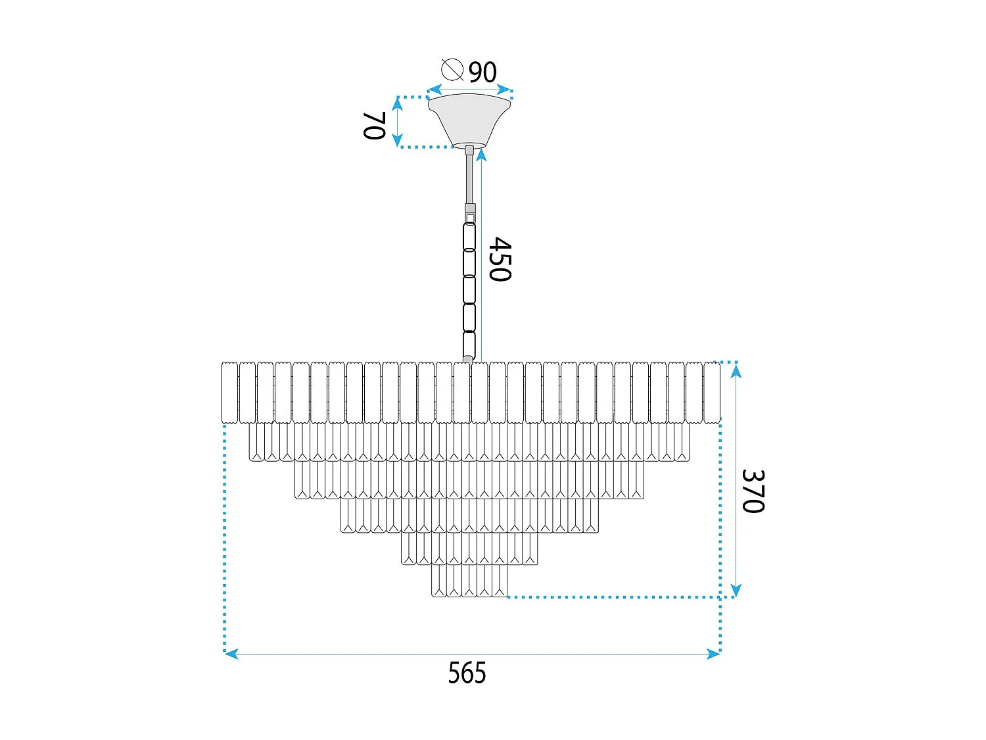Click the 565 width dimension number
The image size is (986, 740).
pyautogui.click(x=467, y=674)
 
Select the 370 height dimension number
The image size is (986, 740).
pyautogui.click(x=753, y=491)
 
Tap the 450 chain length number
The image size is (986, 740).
pyautogui.click(x=500, y=259)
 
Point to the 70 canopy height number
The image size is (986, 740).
pyautogui.click(x=374, y=125)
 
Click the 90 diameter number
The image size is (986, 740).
pyautogui.click(x=482, y=72)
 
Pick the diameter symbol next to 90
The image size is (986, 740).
pyautogui.click(x=452, y=69)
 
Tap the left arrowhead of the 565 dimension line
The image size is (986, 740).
pyautogui.click(x=231, y=654)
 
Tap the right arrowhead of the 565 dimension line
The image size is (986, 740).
pyautogui.click(x=713, y=654)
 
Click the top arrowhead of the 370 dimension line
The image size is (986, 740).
pyautogui.click(x=736, y=371)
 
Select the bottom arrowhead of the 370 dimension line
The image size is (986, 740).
pyautogui.click(x=736, y=589)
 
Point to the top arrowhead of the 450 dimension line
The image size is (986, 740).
pyautogui.click(x=481, y=155)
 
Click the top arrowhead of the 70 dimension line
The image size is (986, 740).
pyautogui.click(x=397, y=103)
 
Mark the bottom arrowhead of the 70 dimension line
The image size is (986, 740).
pyautogui.click(x=397, y=140)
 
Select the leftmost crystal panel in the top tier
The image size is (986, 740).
pyautogui.click(x=229, y=393)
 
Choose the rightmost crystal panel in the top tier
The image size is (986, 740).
pyautogui.click(x=712, y=393)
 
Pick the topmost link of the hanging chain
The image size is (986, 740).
pyautogui.click(x=469, y=237)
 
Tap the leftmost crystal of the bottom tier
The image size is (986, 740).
pyautogui.click(x=439, y=581)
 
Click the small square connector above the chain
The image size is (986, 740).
pyautogui.click(x=470, y=217)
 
